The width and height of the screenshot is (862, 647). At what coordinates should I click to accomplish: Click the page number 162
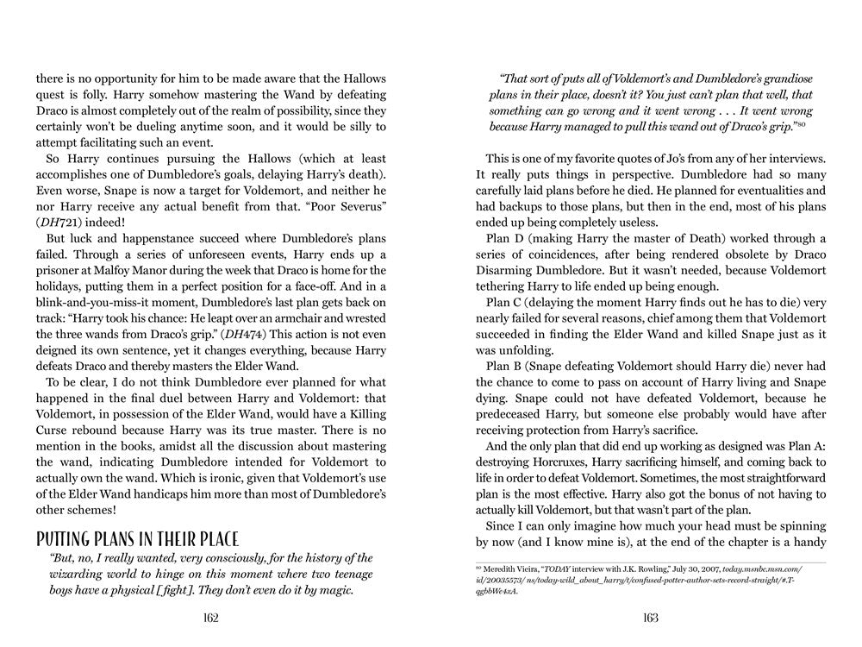[211, 618]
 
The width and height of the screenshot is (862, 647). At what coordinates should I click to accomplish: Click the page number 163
[651, 618]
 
